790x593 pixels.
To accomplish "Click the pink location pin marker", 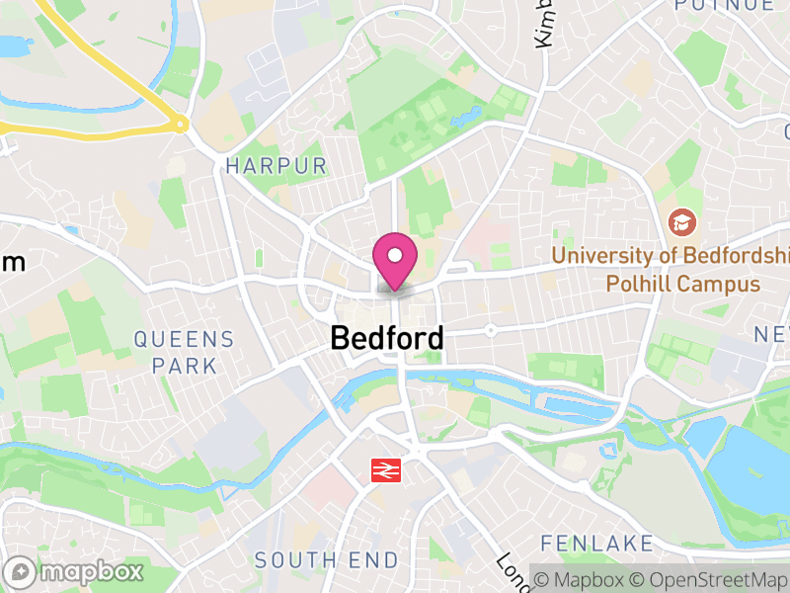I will (x=395, y=260).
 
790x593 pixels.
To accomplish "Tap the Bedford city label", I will (x=386, y=338).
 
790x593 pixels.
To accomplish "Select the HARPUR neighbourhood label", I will (x=276, y=165).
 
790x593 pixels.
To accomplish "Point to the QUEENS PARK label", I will (x=185, y=353).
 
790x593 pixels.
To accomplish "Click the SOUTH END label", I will (x=327, y=560).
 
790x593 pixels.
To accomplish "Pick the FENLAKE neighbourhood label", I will (x=596, y=544).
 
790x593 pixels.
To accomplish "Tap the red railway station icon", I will (x=384, y=469).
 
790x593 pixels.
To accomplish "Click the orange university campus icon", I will (x=681, y=221).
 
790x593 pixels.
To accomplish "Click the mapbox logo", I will (x=75, y=571).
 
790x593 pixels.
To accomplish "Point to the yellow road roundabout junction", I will (x=180, y=125).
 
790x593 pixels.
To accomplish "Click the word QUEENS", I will (x=185, y=340).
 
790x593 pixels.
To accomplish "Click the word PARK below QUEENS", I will (x=185, y=366).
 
